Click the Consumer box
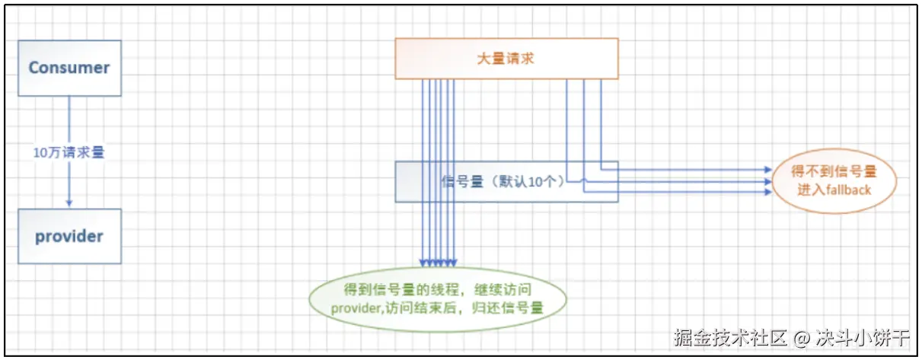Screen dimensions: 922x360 (69, 67)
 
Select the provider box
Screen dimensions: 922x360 (69, 236)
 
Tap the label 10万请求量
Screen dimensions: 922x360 (69, 151)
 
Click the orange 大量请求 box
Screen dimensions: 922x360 (506, 58)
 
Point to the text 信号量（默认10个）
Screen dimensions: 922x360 (502, 182)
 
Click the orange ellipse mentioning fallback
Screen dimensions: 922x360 (834, 180)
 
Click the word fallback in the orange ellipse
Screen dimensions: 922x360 (844, 190)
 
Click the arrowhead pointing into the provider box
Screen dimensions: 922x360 (69, 203)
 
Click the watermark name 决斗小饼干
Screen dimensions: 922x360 (862, 337)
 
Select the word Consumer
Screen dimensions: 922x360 (69, 67)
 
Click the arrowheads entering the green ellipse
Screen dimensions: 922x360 (439, 263)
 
